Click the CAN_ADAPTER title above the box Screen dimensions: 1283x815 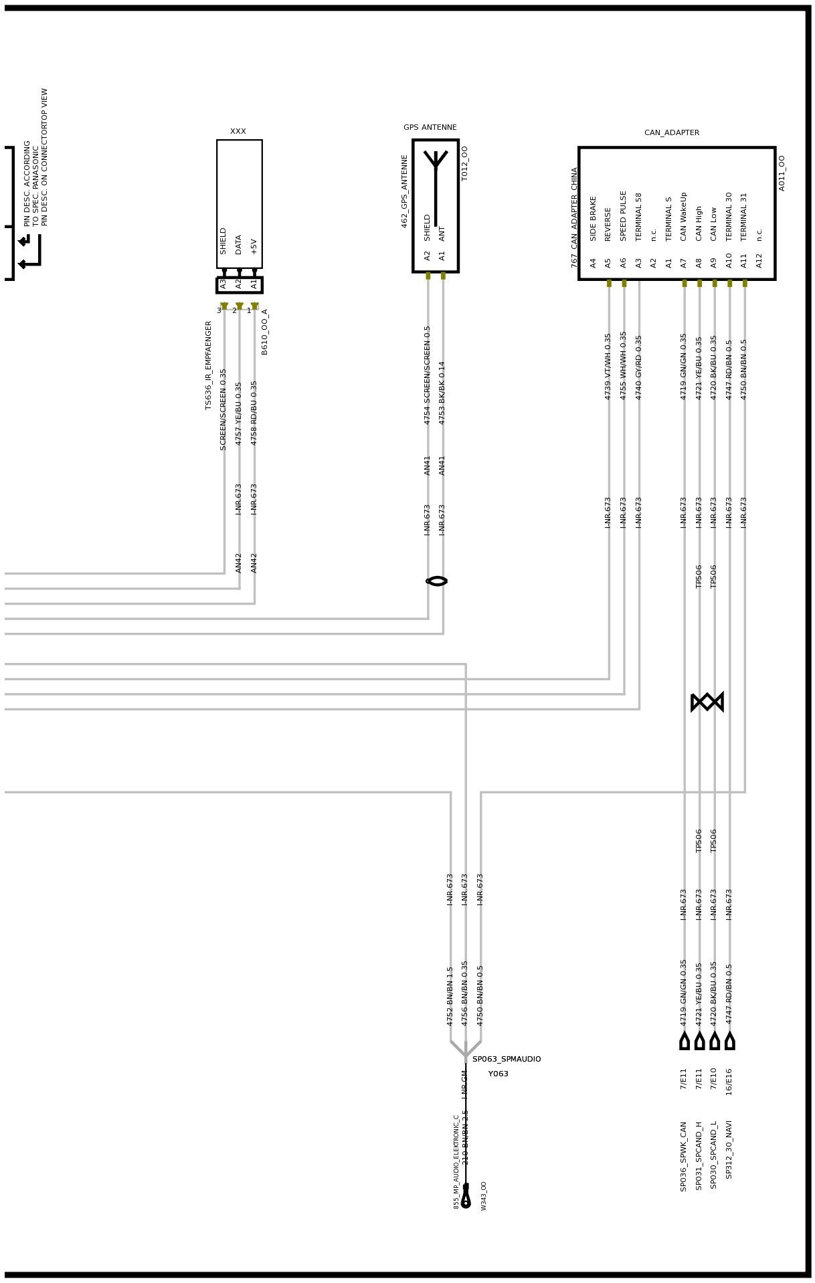(671, 132)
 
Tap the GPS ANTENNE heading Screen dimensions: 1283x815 (430, 127)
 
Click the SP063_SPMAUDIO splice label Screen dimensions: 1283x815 (507, 1059)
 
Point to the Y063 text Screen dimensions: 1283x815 (498, 1074)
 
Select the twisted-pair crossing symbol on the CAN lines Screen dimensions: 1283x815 (707, 702)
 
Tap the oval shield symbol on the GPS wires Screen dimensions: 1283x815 (436, 581)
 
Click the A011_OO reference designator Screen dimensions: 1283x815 (782, 173)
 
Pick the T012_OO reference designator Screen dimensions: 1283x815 (464, 163)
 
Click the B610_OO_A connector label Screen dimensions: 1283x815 (264, 332)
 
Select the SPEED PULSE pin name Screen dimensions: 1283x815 (623, 216)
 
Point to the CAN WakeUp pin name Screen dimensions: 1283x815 (683, 217)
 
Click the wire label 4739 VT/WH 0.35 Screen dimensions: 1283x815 (608, 367)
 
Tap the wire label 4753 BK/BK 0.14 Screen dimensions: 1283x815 (442, 393)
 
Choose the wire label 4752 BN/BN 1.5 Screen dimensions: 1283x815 (450, 996)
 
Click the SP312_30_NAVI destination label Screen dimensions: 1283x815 (729, 1149)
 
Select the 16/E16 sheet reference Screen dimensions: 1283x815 (729, 1081)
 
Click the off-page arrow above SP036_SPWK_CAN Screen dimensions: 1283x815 (685, 1041)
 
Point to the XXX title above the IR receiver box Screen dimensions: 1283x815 (238, 131)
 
